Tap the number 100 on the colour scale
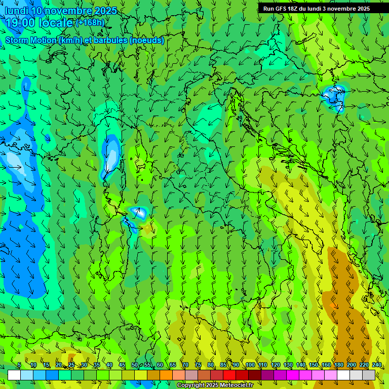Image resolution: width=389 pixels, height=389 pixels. coord(250,365)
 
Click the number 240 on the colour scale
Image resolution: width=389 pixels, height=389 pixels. coord(376,365)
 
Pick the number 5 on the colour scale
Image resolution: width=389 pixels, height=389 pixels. coord(19,365)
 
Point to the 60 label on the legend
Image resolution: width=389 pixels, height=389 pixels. coord(160,365)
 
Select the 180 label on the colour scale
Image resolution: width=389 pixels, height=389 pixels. coord(338,365)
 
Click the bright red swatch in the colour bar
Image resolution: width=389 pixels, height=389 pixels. coord(229,375)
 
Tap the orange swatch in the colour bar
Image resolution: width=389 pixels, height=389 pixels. coord(166,375)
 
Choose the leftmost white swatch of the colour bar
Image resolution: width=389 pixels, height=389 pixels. coord(14,375)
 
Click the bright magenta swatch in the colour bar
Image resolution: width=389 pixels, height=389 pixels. coord(293,375)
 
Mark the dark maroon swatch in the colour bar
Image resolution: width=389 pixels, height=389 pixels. coord(255,375)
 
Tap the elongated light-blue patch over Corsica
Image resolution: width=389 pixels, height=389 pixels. coord(111,157)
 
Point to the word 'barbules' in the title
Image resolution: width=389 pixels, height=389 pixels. coord(115,41)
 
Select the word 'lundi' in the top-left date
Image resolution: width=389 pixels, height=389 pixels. coord(16,11)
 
